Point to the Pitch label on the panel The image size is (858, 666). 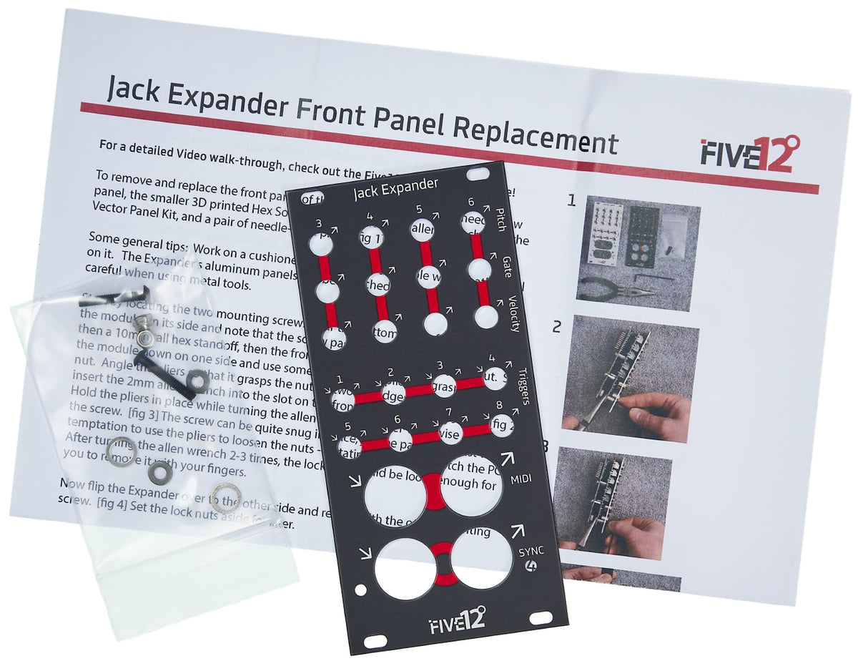coord(502,219)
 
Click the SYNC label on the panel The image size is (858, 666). coord(531,552)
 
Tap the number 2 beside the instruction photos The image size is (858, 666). coord(556,328)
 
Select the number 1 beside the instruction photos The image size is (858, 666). coord(571,200)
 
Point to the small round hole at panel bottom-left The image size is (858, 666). coord(362,590)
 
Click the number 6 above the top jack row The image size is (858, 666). coord(471,202)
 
